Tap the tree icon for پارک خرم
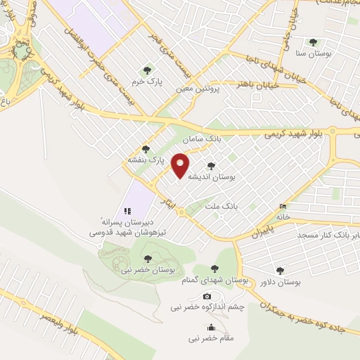click(x=146, y=70)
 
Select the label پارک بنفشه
click(x=145, y=161)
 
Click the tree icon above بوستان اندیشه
click(x=211, y=166)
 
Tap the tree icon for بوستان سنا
click(x=312, y=41)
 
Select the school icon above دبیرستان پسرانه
click(x=127, y=210)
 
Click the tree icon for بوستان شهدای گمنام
click(x=215, y=269)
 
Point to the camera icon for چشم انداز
click(x=207, y=296)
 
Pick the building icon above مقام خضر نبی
click(x=211, y=327)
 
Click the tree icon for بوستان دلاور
click(x=280, y=270)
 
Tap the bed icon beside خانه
click(x=283, y=207)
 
